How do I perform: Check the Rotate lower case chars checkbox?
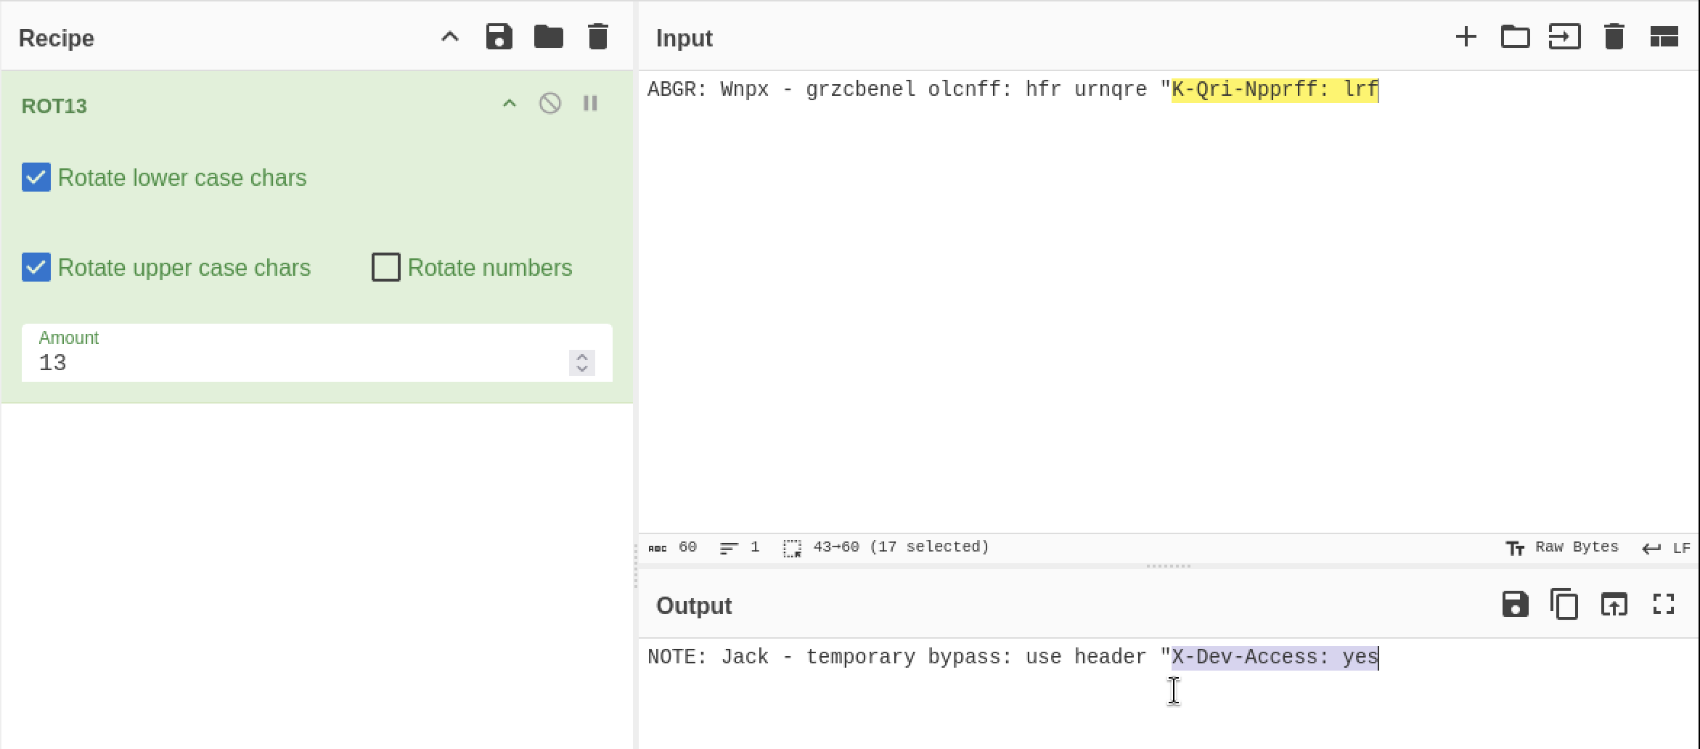(x=36, y=177)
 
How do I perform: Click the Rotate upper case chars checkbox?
(x=36, y=267)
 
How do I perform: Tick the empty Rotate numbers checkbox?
(x=385, y=267)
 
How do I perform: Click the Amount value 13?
(x=53, y=363)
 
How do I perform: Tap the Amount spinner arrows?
(x=582, y=363)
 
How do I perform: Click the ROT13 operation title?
(x=54, y=106)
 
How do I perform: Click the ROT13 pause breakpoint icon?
(x=590, y=103)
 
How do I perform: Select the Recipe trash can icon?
(x=597, y=37)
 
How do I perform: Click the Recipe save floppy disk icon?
(x=499, y=37)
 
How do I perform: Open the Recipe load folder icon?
(x=549, y=37)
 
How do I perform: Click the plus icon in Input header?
(x=1466, y=37)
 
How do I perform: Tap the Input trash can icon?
(x=1614, y=37)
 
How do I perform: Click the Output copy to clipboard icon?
(x=1564, y=605)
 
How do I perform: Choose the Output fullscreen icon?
(x=1663, y=605)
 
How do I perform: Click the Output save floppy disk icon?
(x=1515, y=605)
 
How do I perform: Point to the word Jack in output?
(x=745, y=657)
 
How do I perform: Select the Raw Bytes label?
(x=1577, y=547)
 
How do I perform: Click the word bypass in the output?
(x=964, y=658)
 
